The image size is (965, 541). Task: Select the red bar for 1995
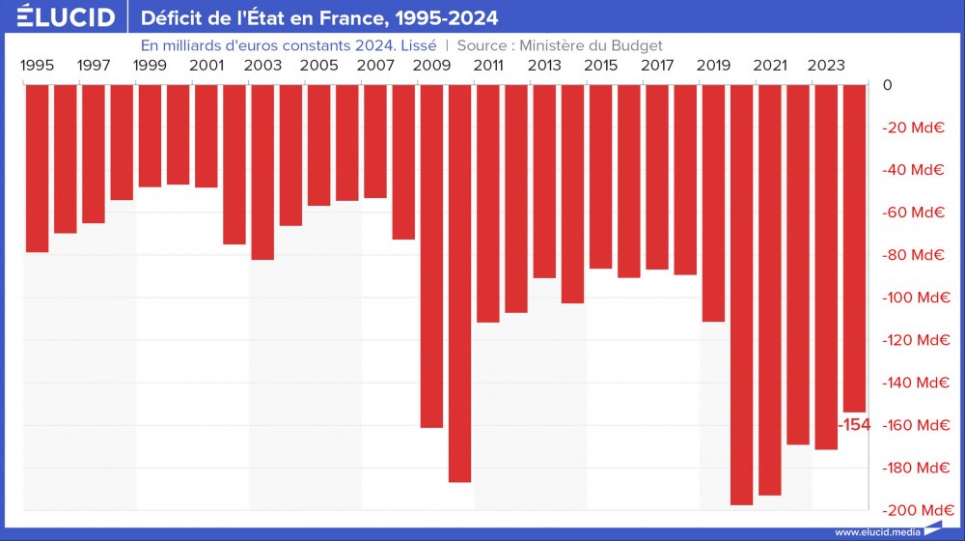37,168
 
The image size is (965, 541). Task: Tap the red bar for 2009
431,256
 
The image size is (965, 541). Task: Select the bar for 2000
178,134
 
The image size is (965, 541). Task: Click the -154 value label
853,425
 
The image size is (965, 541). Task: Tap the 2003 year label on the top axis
262,66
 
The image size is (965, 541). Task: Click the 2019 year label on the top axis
713,66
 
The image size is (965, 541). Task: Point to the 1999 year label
150,66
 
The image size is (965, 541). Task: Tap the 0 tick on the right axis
887,85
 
